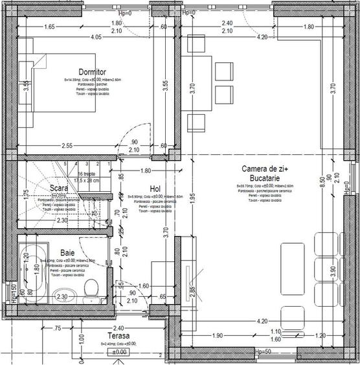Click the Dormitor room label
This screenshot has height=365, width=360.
(92, 71)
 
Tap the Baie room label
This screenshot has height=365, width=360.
(67, 253)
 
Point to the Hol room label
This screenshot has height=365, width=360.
(155, 188)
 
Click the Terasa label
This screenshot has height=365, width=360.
(120, 336)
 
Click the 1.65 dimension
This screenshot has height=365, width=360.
(49, 27)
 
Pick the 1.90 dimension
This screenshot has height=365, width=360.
(218, 336)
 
